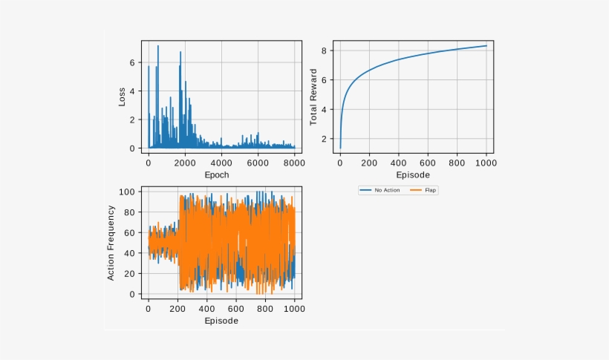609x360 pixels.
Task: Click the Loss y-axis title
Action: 122,97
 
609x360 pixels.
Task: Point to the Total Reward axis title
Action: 313,97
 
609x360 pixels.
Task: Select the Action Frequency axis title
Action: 111,243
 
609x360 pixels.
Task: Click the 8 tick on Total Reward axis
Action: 325,50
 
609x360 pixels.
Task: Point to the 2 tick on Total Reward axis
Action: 325,139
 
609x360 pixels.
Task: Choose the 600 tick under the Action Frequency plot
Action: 237,309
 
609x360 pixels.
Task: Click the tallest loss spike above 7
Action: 157,47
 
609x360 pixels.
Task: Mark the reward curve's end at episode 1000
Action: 486,46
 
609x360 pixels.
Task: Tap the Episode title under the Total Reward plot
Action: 413,175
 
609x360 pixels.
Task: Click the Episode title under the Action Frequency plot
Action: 221,321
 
